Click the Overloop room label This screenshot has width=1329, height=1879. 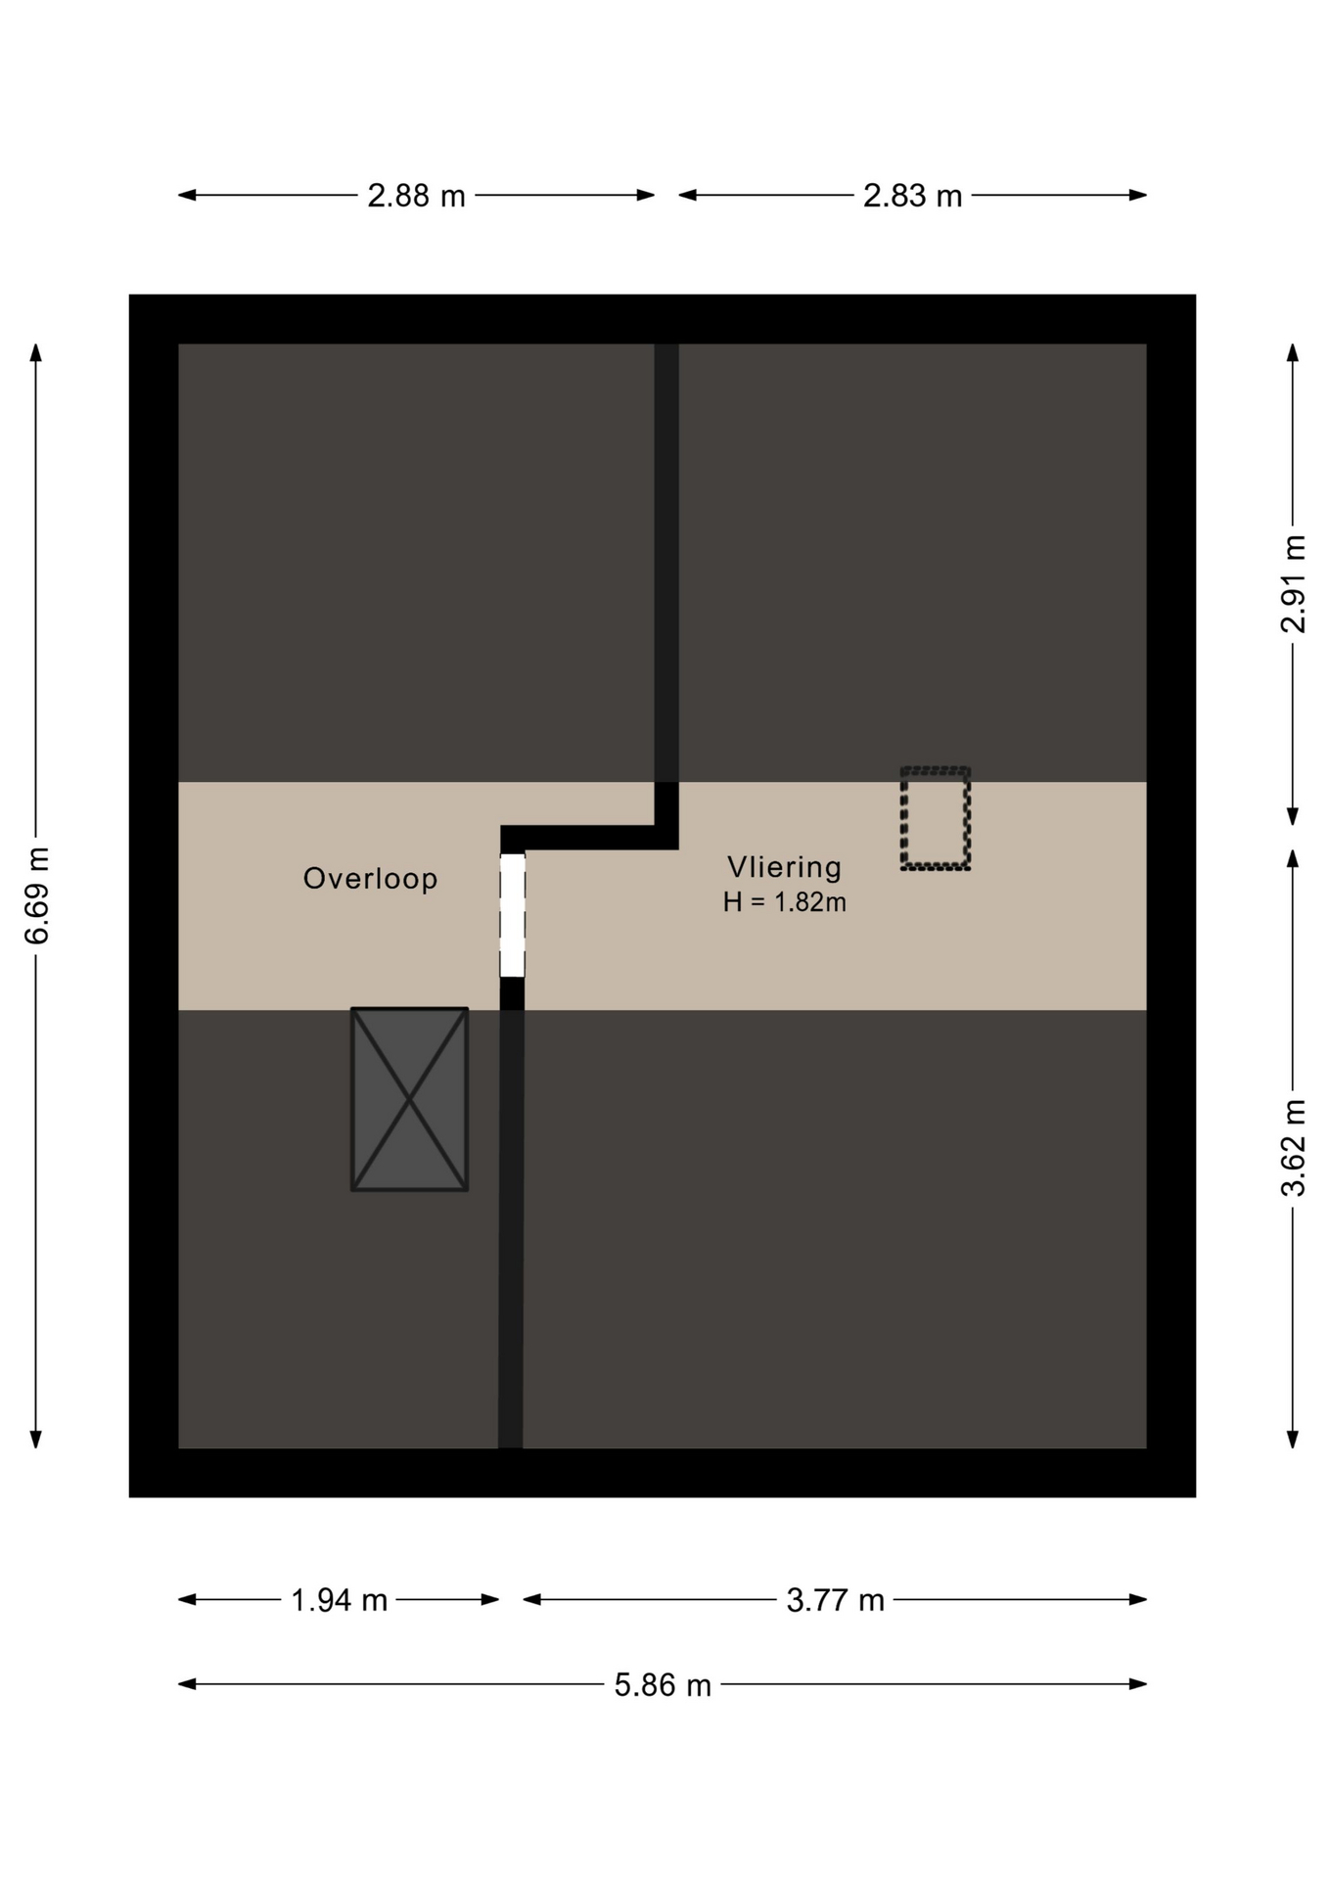(x=370, y=879)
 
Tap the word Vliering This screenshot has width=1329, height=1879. (x=784, y=867)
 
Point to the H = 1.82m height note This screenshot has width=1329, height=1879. (x=784, y=902)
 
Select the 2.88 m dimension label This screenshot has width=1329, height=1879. (x=416, y=196)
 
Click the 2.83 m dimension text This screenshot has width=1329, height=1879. (x=912, y=196)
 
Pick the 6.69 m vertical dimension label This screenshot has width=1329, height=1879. (x=36, y=896)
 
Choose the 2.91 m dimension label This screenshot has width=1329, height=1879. (x=1293, y=584)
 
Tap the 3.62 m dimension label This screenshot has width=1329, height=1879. (x=1293, y=1148)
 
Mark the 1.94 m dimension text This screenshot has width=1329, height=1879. (x=340, y=1600)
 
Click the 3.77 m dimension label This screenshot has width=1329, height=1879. (x=835, y=1600)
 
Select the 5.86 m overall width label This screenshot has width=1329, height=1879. (x=663, y=1685)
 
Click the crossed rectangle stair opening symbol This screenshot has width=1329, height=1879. (x=409, y=1099)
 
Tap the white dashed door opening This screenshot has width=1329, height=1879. (x=512, y=915)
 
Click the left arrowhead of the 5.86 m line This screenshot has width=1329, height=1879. (x=187, y=1684)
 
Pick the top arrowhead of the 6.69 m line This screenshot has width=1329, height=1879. (x=36, y=352)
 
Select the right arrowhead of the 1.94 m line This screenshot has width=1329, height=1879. (x=490, y=1600)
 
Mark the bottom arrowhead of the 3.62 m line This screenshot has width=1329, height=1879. (x=1293, y=1440)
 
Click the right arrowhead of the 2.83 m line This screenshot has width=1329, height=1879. (x=1137, y=195)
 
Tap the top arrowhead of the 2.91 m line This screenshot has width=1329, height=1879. (x=1293, y=352)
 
